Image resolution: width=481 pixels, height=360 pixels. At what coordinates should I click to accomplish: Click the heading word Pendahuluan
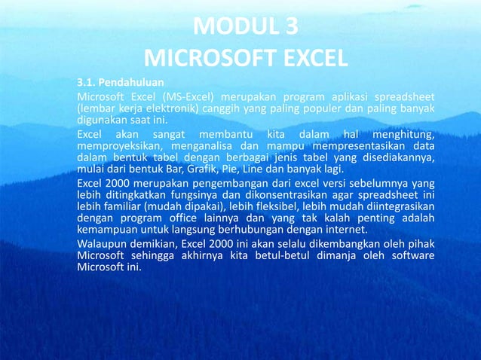click(x=133, y=82)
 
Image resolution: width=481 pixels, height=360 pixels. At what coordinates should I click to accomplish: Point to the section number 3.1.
click(x=87, y=82)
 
